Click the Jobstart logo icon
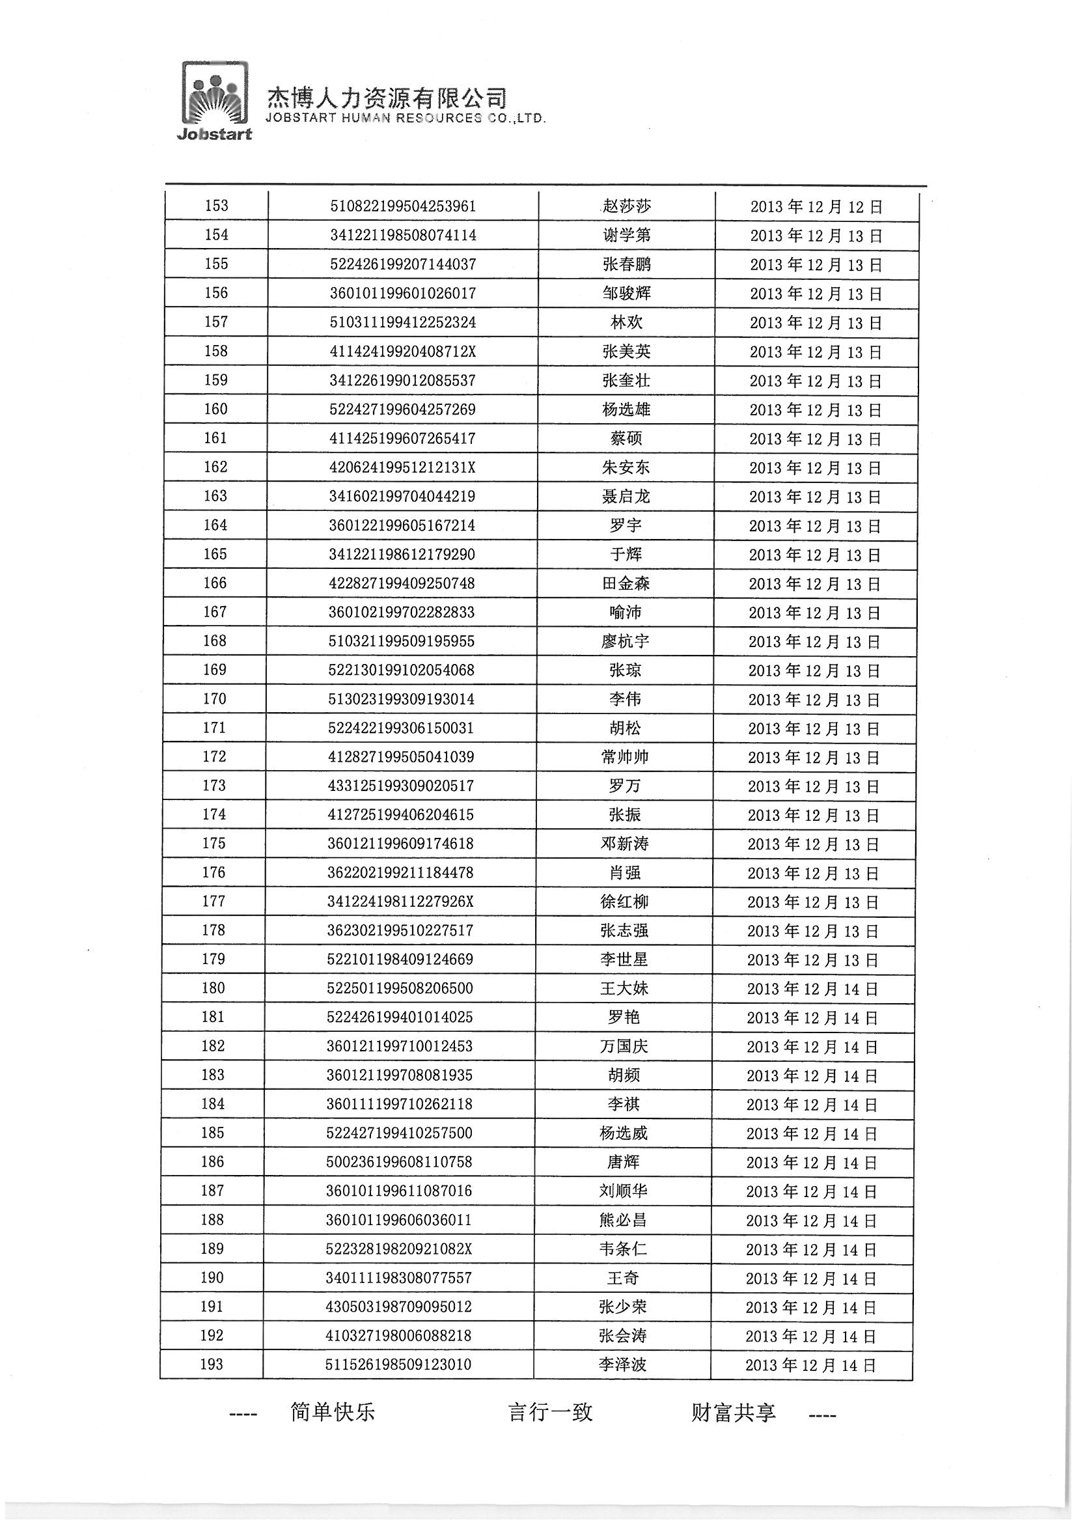coord(215,100)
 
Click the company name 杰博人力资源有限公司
coord(387,98)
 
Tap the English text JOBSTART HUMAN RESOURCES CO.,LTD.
coord(405,118)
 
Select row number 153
coord(217,206)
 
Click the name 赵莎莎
coord(626,206)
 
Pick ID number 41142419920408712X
coord(402,352)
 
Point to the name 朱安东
coord(626,467)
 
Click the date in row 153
coord(816,207)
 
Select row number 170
coord(215,699)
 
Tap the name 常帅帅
coord(624,757)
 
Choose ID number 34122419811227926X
coord(401,902)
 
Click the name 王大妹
coord(624,988)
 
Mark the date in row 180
coord(812,989)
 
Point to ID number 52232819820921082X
coord(399,1249)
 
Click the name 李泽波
coord(622,1364)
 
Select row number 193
coord(212,1364)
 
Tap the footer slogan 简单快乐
coord(332,1412)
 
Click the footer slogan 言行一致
coord(550,1412)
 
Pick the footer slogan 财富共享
coord(733,1412)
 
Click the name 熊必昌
coord(622,1220)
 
